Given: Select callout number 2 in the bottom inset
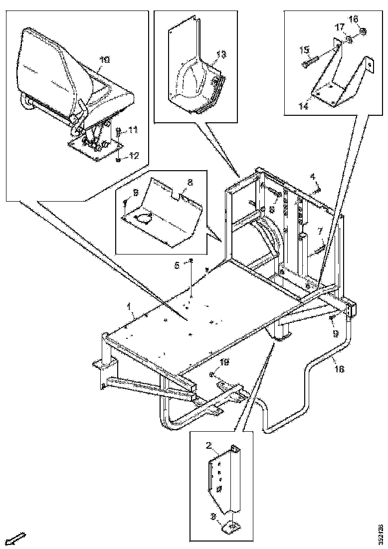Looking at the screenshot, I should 211,446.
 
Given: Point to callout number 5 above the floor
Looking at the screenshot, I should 177,266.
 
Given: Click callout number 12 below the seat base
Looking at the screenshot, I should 133,156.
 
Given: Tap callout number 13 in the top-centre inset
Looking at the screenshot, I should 221,53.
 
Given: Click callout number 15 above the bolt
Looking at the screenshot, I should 304,50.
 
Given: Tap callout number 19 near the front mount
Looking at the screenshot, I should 225,363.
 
